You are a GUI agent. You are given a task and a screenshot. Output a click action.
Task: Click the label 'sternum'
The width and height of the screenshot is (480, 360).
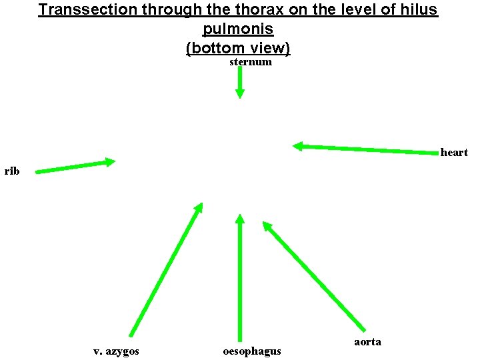coord(251,62)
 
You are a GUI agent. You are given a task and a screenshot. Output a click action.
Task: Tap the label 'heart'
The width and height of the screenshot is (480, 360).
coord(454,153)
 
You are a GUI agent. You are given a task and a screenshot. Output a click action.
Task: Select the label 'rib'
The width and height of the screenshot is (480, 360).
coord(12,171)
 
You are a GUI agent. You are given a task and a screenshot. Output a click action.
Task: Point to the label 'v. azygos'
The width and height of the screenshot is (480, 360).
coord(116,351)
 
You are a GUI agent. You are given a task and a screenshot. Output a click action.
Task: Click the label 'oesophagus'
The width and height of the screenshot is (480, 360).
coord(251,351)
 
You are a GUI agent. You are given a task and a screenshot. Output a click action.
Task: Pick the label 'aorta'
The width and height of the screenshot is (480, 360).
coord(367,342)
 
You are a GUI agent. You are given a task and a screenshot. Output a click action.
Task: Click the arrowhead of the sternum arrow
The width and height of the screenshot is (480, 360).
coord(240,94)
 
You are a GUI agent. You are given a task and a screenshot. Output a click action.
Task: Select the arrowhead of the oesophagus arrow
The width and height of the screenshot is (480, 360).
coord(240,219)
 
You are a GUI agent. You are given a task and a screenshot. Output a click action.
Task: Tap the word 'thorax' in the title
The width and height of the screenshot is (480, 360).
coord(229,11)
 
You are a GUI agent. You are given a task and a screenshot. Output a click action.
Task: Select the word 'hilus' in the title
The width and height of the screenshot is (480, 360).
coord(419,11)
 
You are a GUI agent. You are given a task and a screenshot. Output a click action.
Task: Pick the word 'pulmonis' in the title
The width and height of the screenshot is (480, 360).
coord(237,30)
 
